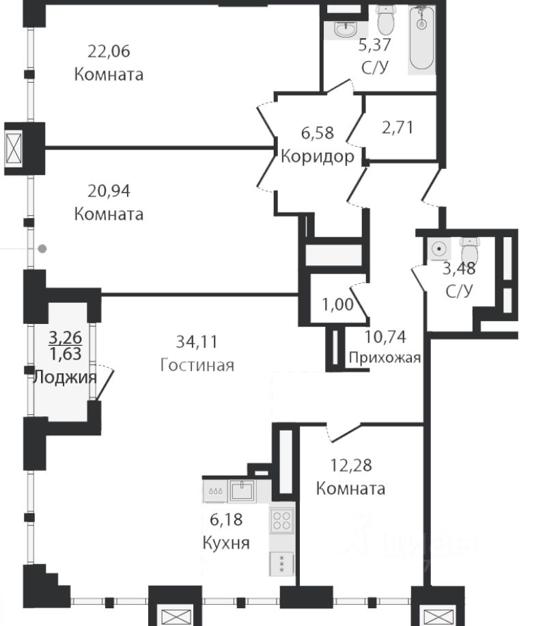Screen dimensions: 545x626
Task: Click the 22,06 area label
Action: [109, 51]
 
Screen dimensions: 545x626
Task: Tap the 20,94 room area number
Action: [109, 191]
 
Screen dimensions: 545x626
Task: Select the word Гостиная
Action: [197, 365]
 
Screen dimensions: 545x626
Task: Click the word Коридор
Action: [318, 157]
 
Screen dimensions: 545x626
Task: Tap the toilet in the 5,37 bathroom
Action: [386, 21]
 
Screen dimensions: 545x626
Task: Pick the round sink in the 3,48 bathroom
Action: [438, 249]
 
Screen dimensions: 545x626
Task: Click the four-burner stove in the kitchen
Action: [283, 521]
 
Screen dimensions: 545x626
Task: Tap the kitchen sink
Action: [242, 490]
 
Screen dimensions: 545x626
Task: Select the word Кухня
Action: [226, 543]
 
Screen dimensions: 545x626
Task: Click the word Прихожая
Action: [385, 357]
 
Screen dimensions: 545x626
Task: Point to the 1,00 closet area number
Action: [338, 305]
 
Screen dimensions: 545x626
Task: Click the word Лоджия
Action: [65, 377]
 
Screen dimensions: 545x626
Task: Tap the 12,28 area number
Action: [350, 466]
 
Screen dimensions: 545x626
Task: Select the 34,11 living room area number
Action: [197, 342]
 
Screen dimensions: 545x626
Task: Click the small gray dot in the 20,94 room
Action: [43, 249]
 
